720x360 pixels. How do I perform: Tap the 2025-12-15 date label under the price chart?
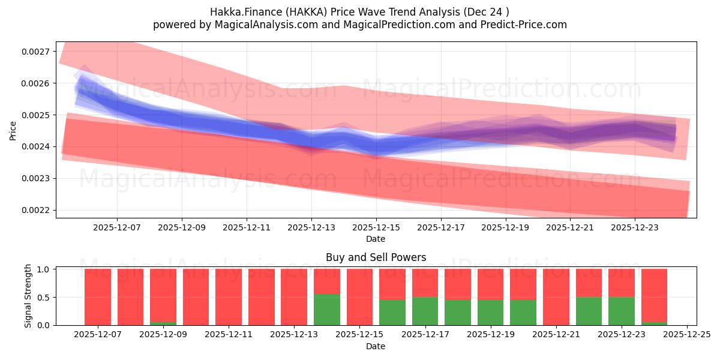tap(376, 228)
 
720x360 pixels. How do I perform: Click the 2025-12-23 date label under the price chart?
tap(635, 228)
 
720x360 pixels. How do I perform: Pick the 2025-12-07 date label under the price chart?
tap(117, 228)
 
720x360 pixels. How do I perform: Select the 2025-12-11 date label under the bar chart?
tap(229, 335)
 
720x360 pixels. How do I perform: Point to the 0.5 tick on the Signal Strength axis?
tap(45, 298)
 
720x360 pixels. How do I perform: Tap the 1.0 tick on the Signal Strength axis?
tap(45, 269)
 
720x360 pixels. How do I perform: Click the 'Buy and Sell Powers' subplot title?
tap(376, 257)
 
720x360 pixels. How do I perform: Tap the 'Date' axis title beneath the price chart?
tap(376, 239)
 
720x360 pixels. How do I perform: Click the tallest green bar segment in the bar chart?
tap(327, 310)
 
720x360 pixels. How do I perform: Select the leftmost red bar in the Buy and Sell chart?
tap(98, 297)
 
